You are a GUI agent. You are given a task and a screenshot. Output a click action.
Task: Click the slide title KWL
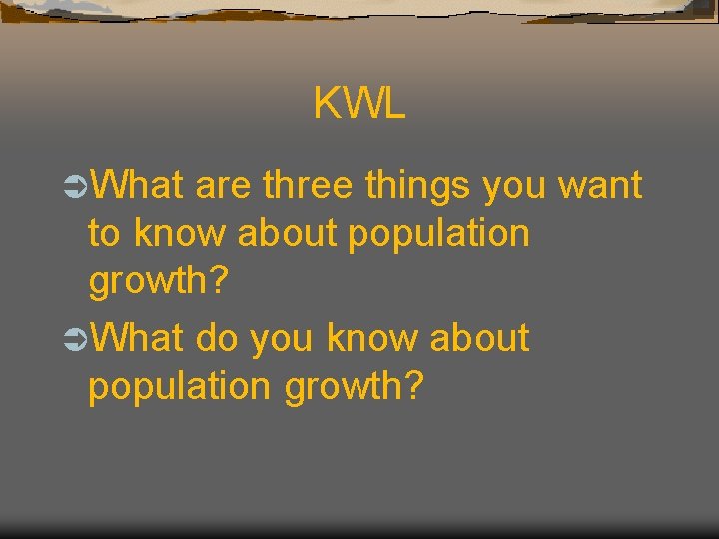click(x=359, y=103)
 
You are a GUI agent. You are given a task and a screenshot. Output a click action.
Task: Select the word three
click(x=308, y=185)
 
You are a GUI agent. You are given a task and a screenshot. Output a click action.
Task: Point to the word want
click(x=599, y=187)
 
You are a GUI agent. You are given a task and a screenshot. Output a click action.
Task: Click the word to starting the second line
click(x=104, y=234)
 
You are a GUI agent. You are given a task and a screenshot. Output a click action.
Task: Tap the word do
click(x=217, y=338)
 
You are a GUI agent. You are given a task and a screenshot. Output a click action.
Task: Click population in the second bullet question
click(x=181, y=388)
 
